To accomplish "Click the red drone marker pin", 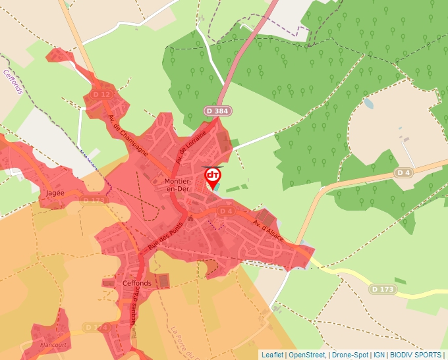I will pyautogui.click(x=213, y=176).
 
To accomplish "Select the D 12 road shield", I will pyautogui.click(x=101, y=95).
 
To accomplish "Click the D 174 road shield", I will pyautogui.click(x=96, y=327).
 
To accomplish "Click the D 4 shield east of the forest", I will pyautogui.click(x=403, y=172).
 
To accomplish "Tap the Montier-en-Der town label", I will pyautogui.click(x=175, y=185).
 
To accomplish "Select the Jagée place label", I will pyautogui.click(x=55, y=193).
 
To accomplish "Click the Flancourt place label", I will pyautogui.click(x=55, y=343).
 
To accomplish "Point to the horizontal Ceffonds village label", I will pyautogui.click(x=137, y=283).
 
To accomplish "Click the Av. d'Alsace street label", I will pyautogui.click(x=267, y=230).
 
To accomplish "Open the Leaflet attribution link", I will pyautogui.click(x=272, y=355).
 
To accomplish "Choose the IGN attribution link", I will pyautogui.click(x=379, y=355).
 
